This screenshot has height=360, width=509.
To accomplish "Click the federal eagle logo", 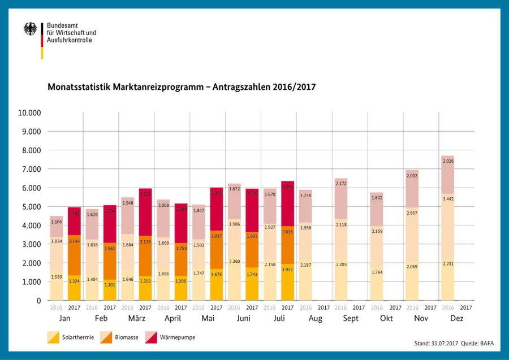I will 30,29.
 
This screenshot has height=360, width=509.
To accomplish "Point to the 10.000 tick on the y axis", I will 29,112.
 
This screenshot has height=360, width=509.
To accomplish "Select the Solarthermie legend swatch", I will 54,337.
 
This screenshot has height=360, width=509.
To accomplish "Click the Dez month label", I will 456,319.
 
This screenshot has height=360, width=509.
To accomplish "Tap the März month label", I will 136,319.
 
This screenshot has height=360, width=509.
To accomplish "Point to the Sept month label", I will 350,319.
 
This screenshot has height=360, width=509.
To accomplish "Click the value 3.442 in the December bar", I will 448,199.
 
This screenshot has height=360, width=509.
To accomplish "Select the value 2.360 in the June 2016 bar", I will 234,261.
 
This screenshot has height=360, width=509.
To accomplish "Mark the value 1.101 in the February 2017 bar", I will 110,285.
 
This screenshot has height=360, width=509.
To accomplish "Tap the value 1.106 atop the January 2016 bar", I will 57,222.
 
